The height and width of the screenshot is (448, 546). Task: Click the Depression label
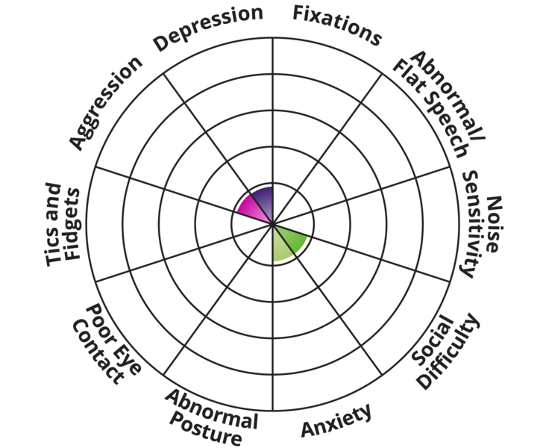click(208, 28)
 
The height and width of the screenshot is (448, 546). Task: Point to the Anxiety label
click(336, 421)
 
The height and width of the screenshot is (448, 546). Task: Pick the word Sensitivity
click(474, 224)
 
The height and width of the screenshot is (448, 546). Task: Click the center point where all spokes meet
click(273, 223)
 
